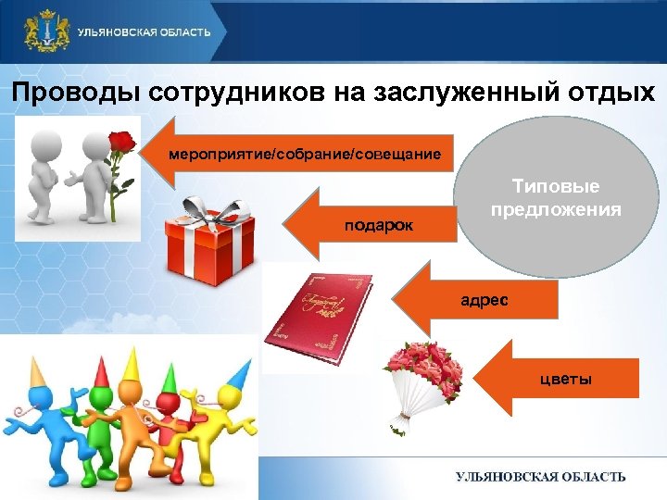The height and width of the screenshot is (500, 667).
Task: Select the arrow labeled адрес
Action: [472, 298]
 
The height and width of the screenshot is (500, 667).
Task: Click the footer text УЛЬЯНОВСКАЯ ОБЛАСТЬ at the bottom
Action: [540, 477]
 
